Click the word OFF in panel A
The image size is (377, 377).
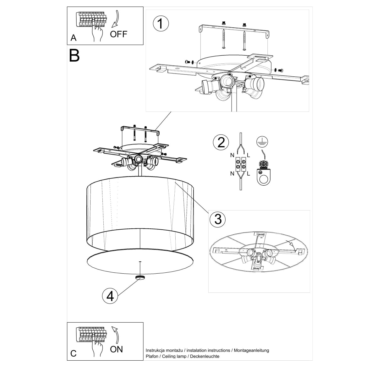pyautogui.click(x=119, y=34)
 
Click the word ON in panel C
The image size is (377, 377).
pyautogui.click(x=116, y=349)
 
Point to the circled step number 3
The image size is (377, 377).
pyautogui.click(x=218, y=219)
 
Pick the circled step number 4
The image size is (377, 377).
pyautogui.click(x=110, y=296)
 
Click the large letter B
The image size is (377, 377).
pyautogui.click(x=74, y=55)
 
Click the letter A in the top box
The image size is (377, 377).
pyautogui.click(x=74, y=38)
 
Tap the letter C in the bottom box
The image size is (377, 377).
pyautogui.click(x=74, y=353)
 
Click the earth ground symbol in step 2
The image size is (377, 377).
pyautogui.click(x=260, y=141)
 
